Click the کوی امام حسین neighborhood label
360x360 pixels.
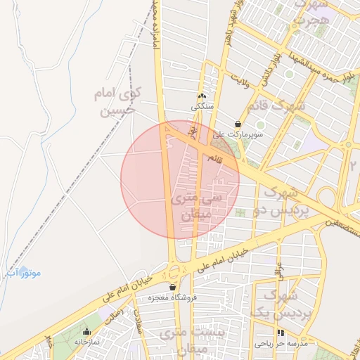(117, 101)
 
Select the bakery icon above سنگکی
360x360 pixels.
(202, 96)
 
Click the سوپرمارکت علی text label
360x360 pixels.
(238, 133)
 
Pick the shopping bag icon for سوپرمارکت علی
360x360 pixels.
(238, 123)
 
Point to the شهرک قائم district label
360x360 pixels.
(276, 106)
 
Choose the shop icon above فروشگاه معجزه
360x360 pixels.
(172, 287)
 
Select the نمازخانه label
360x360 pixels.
(88, 341)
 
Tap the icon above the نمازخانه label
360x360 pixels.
(87, 331)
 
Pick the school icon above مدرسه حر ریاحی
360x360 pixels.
(281, 333)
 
